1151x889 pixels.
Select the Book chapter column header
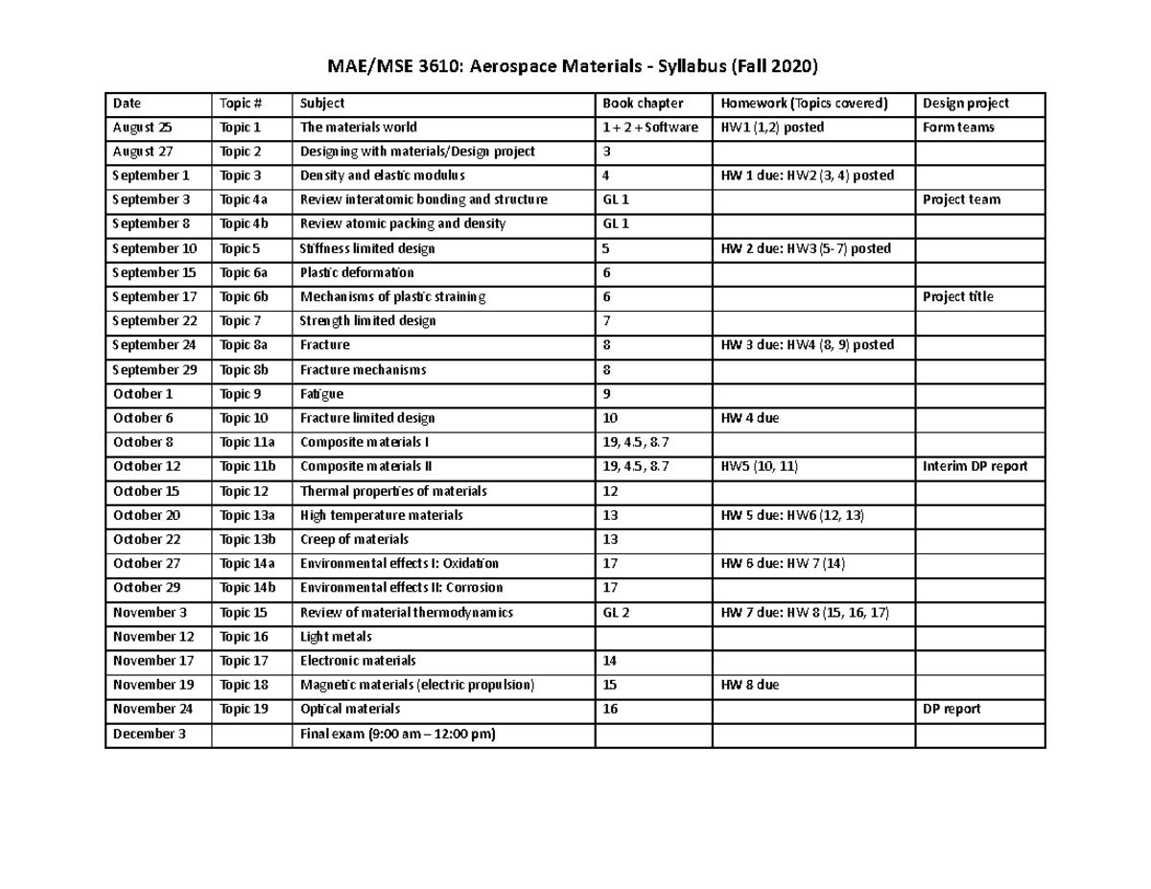[643, 104]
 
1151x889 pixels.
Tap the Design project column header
[965, 104]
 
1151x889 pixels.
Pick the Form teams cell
[958, 128]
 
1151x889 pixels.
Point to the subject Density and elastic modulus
[383, 175]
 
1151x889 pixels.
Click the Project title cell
[957, 297]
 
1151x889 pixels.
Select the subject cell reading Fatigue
[321, 394]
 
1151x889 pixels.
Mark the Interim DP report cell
[975, 467]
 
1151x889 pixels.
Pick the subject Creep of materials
[354, 540]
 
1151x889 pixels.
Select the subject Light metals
[336, 637]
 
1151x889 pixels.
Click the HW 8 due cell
[749, 686]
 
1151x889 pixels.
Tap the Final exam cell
[398, 735]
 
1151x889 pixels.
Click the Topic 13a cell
[247, 516]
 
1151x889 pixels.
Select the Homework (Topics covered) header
[805, 104]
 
